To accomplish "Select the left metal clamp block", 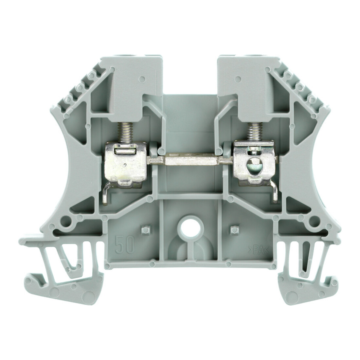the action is pos(125,164).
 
